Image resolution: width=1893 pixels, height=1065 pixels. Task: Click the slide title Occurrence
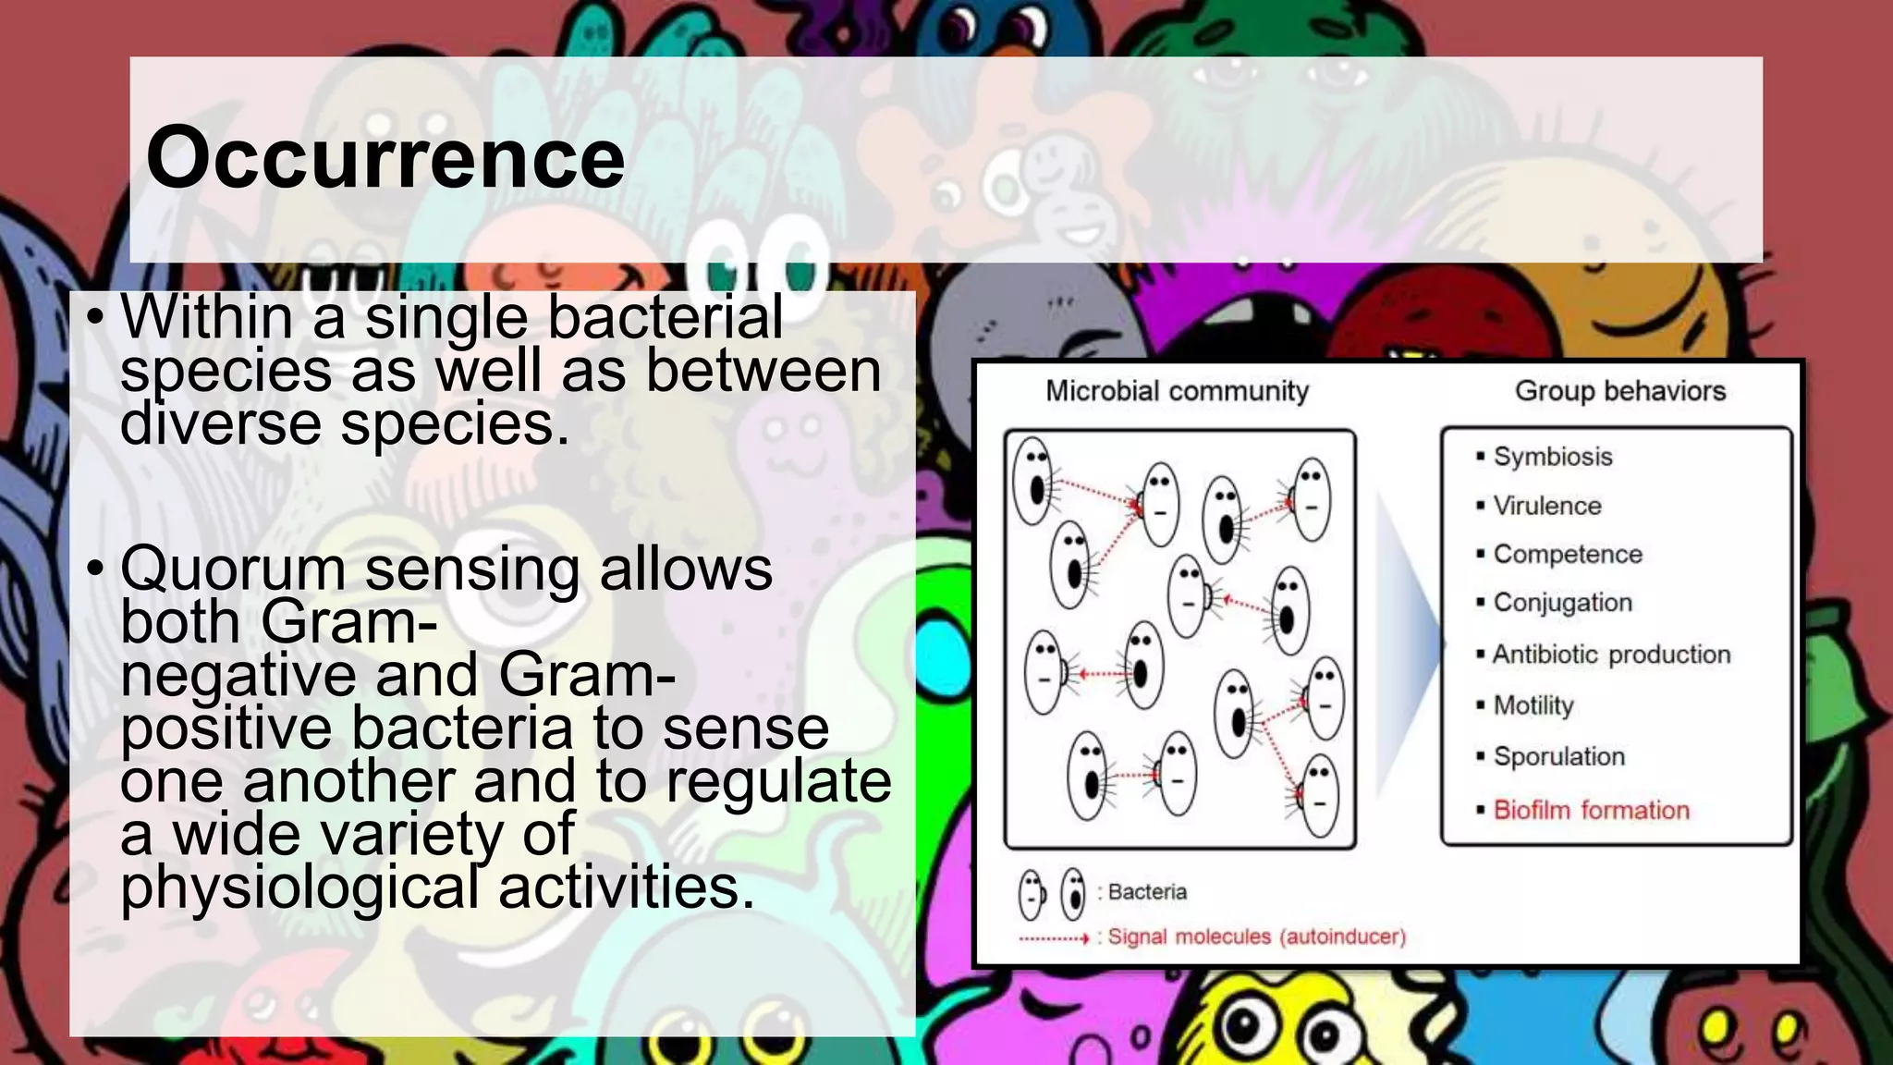tap(385, 159)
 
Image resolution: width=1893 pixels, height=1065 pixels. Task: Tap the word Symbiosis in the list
tap(1552, 457)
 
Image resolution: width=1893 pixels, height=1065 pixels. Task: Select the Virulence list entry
tap(1546, 506)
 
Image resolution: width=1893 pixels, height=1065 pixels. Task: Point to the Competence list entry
tap(1567, 554)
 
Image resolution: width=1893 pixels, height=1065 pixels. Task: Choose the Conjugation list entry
tap(1562, 603)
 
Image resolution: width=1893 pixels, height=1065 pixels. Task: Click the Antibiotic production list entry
tap(1610, 655)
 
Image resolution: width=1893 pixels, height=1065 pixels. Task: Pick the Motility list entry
tap(1533, 705)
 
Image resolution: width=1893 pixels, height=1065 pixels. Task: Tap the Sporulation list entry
tap(1558, 756)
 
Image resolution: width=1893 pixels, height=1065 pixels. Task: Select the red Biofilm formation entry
tap(1591, 810)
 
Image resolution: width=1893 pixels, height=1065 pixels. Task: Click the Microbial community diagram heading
tap(1177, 391)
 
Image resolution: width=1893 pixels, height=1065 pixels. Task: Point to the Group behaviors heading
tap(1619, 391)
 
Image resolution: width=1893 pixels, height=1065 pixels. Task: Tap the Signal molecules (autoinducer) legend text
tap(1256, 936)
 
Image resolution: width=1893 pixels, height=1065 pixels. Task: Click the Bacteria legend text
tap(1146, 892)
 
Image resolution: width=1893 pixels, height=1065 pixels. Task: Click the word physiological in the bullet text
tap(299, 887)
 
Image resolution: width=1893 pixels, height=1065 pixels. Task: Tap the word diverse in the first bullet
tap(221, 424)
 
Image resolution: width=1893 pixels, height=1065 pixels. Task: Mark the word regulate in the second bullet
tap(778, 781)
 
